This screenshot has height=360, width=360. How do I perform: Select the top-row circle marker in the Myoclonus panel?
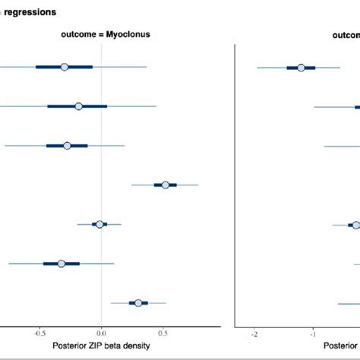pyautogui.click(x=65, y=67)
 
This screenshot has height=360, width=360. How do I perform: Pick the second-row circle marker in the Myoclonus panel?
pyautogui.click(x=79, y=106)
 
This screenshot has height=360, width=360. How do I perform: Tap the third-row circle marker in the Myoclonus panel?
pyautogui.click(x=67, y=145)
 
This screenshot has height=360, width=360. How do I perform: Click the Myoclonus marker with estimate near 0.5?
pyautogui.click(x=165, y=185)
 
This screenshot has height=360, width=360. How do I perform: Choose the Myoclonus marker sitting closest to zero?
pyautogui.click(x=99, y=224)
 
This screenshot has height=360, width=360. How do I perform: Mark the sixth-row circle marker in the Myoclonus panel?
pyautogui.click(x=62, y=264)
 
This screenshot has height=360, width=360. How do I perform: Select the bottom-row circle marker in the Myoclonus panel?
pyautogui.click(x=138, y=303)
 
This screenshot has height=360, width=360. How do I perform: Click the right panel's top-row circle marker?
pyautogui.click(x=302, y=68)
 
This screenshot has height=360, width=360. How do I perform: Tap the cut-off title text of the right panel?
pyautogui.click(x=346, y=36)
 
